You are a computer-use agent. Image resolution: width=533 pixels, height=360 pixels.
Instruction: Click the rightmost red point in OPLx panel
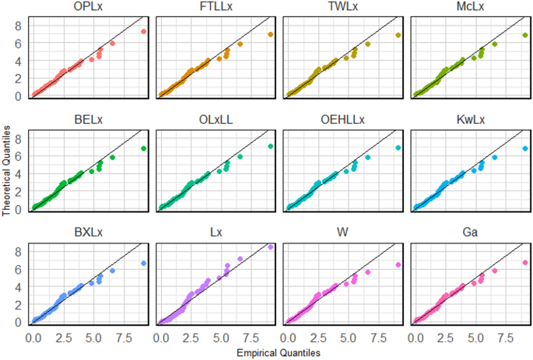point(143,32)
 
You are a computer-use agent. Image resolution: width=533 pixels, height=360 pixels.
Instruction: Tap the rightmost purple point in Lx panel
point(270,247)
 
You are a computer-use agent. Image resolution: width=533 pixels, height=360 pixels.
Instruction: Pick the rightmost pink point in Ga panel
point(525,263)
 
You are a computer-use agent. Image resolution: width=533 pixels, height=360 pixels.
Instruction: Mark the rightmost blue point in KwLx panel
point(525,148)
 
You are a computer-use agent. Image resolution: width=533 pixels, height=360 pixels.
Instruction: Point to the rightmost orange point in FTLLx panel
point(270,35)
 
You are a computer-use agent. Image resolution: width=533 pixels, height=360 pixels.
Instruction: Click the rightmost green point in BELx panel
point(143,149)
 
